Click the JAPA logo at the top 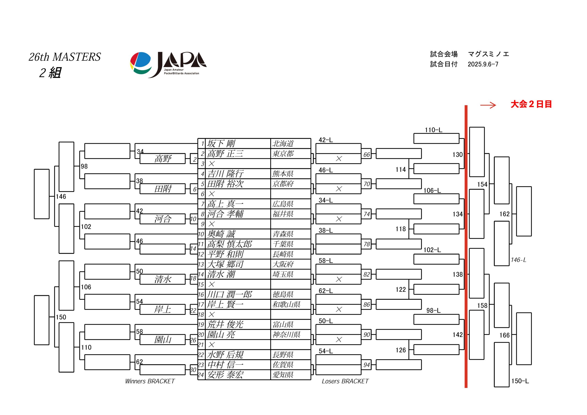[168, 65]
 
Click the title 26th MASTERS [65, 57]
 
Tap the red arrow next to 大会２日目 [488, 105]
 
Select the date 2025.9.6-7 [483, 64]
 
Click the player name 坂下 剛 [221, 144]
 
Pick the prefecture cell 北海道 [283, 144]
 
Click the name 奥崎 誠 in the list [221, 234]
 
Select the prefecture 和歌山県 [286, 304]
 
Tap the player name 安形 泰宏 [225, 375]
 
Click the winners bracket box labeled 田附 [163, 189]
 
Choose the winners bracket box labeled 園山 [163, 340]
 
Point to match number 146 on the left [61, 197]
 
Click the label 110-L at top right [434, 130]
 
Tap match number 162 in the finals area [505, 214]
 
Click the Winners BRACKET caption [150, 381]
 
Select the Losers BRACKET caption [345, 381]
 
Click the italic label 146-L [518, 260]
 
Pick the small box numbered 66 [367, 155]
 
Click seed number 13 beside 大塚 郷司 [201, 264]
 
